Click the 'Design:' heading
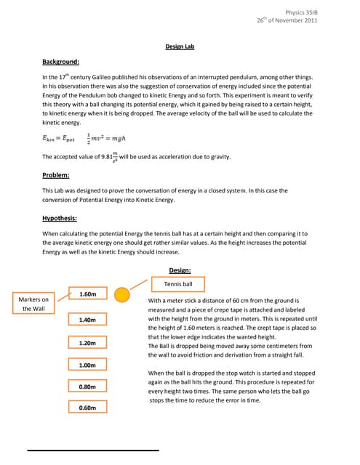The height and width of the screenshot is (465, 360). pos(180,270)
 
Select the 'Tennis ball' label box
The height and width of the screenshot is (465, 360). pos(178,284)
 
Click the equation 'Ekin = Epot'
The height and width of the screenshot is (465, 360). pos(62,138)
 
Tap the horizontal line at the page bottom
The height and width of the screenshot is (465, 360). pos(93,451)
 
